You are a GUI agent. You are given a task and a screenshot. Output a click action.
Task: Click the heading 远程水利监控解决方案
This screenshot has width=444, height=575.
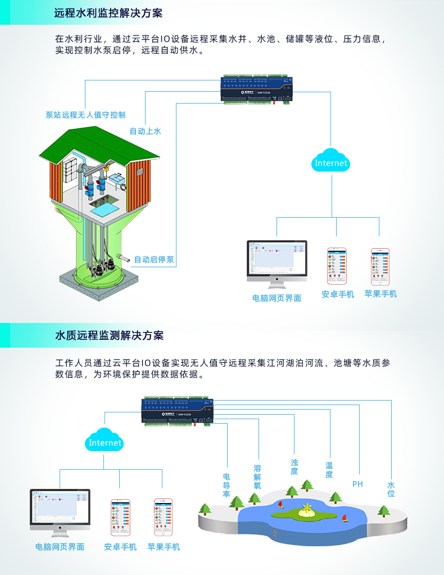[x=112, y=13]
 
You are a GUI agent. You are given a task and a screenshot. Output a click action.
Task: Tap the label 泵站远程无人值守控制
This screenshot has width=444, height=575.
[x=85, y=115]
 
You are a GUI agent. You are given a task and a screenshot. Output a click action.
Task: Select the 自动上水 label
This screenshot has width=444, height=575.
[x=145, y=131]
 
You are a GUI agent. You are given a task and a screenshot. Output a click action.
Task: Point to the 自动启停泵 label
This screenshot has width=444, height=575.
[x=153, y=260]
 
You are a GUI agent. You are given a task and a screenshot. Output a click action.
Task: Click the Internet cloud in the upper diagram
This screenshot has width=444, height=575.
[x=331, y=163]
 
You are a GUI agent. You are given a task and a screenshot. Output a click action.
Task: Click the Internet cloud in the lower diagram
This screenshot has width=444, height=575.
[x=105, y=442]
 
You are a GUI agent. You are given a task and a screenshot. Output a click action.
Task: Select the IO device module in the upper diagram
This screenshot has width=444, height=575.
[x=256, y=89]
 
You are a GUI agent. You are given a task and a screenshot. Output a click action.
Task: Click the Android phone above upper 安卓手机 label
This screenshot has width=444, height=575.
[x=337, y=266]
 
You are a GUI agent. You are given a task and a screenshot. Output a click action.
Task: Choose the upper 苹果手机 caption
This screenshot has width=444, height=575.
[x=380, y=294]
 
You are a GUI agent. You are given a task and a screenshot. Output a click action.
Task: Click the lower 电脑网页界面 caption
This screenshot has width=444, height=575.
[x=60, y=546]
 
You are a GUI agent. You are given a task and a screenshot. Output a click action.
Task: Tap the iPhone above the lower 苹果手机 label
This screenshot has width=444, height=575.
[x=164, y=517]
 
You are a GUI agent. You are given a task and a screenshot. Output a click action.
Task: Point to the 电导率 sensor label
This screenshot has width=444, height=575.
[x=226, y=485]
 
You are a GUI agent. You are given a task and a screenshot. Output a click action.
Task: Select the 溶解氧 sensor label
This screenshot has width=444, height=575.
[x=257, y=477]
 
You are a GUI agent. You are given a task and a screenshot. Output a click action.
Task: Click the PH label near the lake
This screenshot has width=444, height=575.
[x=357, y=484]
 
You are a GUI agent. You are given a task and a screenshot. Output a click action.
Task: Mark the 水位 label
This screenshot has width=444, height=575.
[x=391, y=489]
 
